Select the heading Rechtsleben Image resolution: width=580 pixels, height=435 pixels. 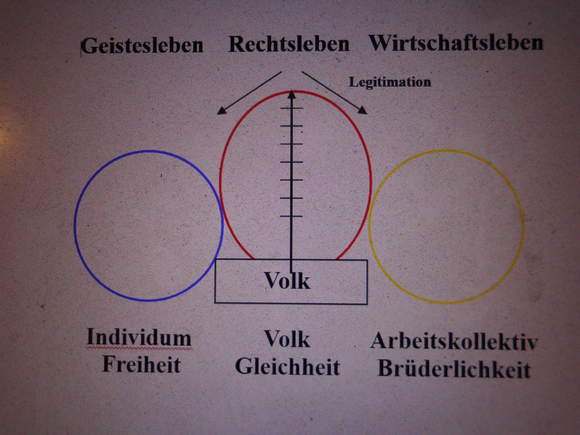[289, 44]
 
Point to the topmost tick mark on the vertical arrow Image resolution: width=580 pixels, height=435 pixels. [292, 108]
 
